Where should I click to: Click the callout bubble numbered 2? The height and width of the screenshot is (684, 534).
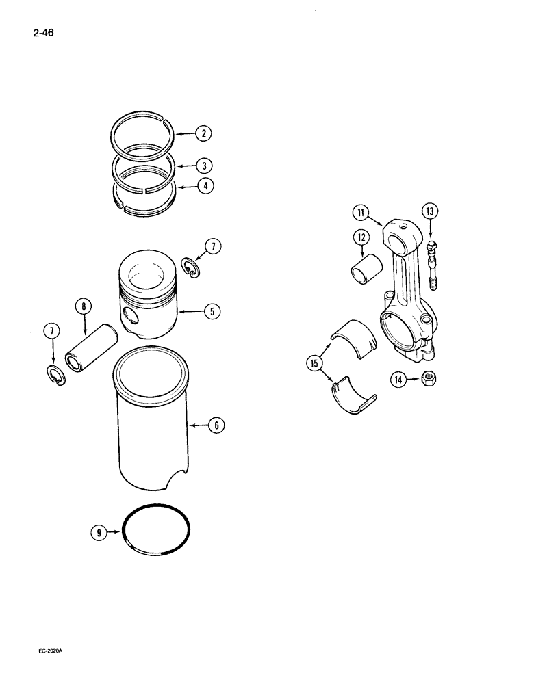203,134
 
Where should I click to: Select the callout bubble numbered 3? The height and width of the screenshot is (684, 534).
203,165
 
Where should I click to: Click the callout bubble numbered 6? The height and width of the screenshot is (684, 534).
216,425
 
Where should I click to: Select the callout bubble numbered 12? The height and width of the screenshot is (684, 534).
361,237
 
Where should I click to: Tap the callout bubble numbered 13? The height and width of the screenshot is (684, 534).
429,211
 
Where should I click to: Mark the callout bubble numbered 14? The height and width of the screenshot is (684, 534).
398,378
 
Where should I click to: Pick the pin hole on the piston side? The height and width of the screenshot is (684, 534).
131,316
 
